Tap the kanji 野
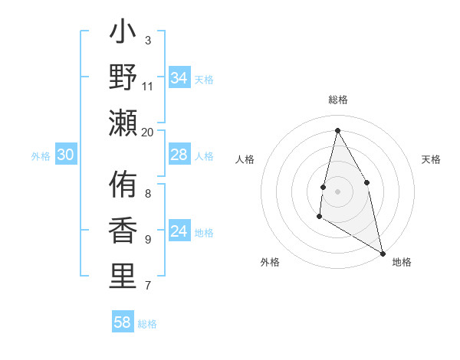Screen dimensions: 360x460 pos(123,77)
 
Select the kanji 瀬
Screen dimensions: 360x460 pos(123,123)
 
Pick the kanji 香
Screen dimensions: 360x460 pos(123,231)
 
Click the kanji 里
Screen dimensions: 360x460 pos(123,277)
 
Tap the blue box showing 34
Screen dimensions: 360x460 pos(179,77)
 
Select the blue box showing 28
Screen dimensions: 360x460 pos(179,155)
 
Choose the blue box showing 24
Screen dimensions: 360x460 pos(179,231)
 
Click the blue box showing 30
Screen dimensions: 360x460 pos(66,155)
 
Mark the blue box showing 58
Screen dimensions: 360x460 pos(123,322)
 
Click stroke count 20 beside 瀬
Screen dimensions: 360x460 pos(148,132)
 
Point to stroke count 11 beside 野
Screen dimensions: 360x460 pos(148,86)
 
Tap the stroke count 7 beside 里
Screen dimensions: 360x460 pos(148,286)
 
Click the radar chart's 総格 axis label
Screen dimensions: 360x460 pos(338,100)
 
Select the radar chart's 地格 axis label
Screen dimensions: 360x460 pos(402,262)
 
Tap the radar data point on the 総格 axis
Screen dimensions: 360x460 pos(337,130)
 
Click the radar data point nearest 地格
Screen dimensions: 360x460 pos(383,253)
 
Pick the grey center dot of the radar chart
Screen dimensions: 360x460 pos(337,191)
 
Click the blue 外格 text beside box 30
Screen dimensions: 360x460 pos(41,155)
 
